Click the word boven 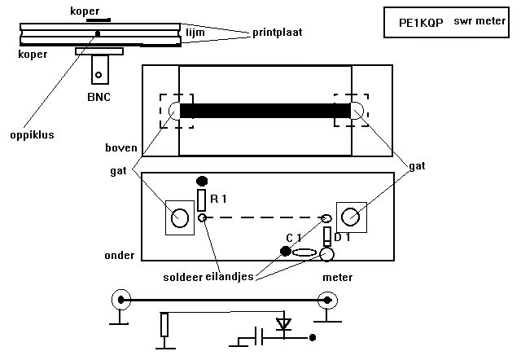[x=120, y=149]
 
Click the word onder [x=119, y=255]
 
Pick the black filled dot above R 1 [x=203, y=180]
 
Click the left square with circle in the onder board [x=180, y=217]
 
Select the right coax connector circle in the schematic [x=328, y=301]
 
